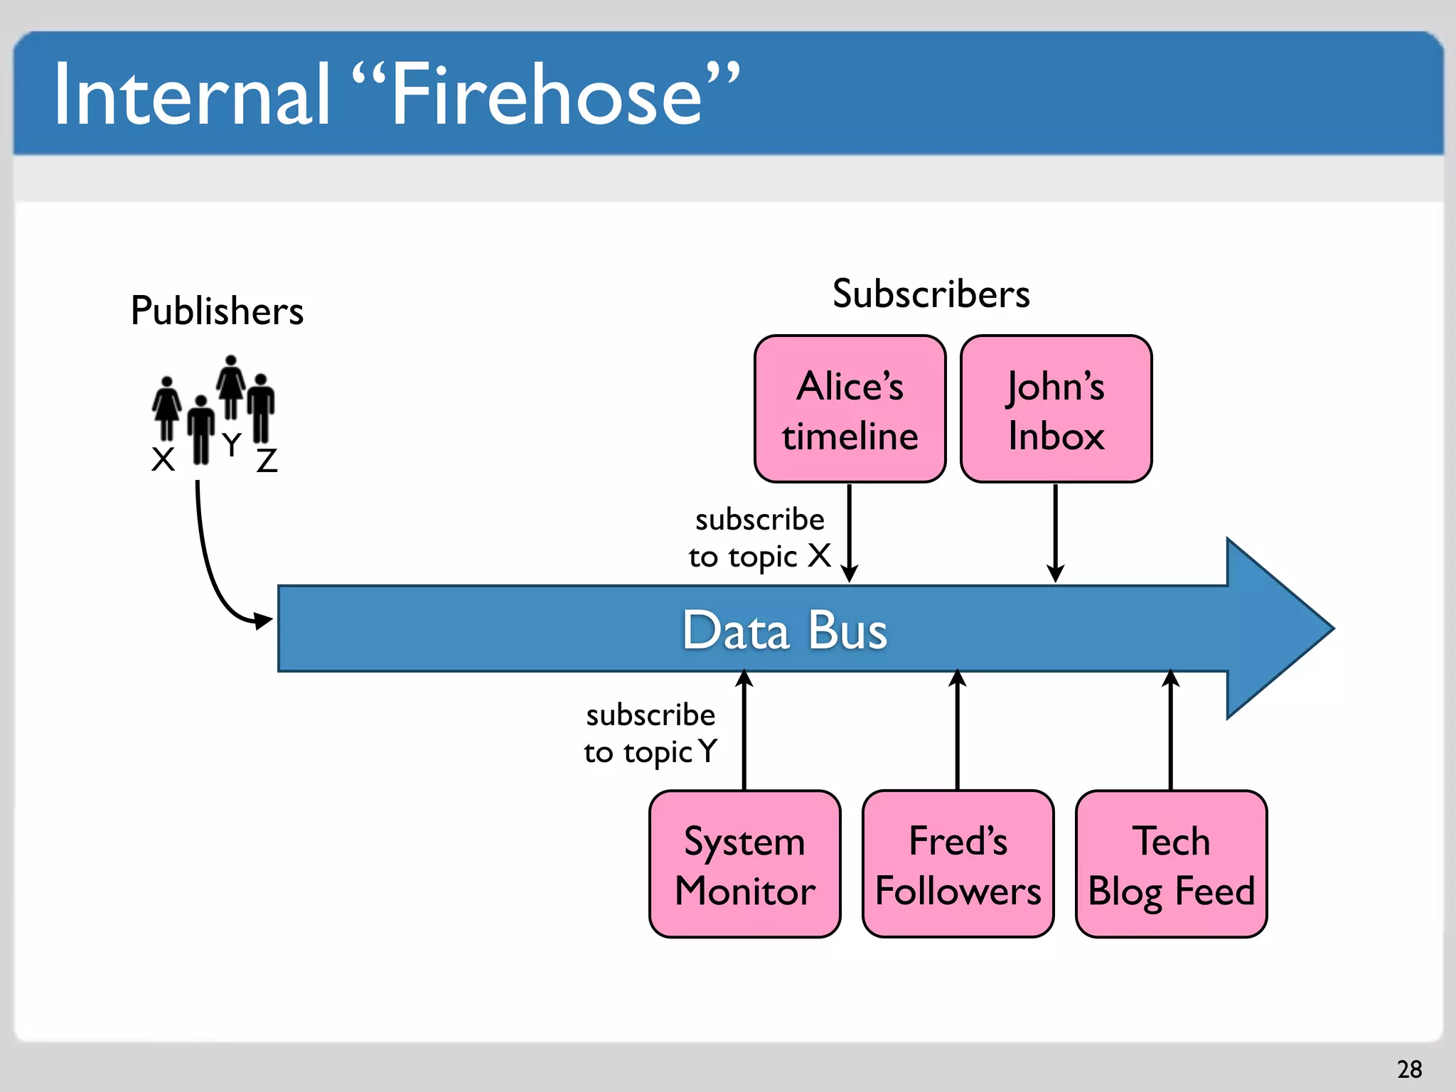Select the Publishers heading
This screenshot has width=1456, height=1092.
[x=217, y=311]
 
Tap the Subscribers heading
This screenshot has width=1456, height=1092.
[x=931, y=294]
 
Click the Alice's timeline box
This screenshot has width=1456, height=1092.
[x=850, y=409]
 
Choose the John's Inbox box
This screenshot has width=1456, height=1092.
[x=1056, y=409]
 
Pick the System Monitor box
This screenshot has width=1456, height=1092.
[x=744, y=864]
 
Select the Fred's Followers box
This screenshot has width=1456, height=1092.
[x=958, y=864]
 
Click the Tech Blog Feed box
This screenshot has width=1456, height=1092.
[x=1171, y=864]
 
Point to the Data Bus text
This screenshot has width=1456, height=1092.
[x=785, y=630]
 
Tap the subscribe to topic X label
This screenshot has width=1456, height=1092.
[x=759, y=538]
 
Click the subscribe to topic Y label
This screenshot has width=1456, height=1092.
[x=651, y=734]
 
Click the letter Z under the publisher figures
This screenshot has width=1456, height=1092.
[x=267, y=461]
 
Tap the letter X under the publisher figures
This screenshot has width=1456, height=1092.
[x=163, y=459]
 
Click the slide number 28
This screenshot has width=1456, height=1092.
[x=1409, y=1069]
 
